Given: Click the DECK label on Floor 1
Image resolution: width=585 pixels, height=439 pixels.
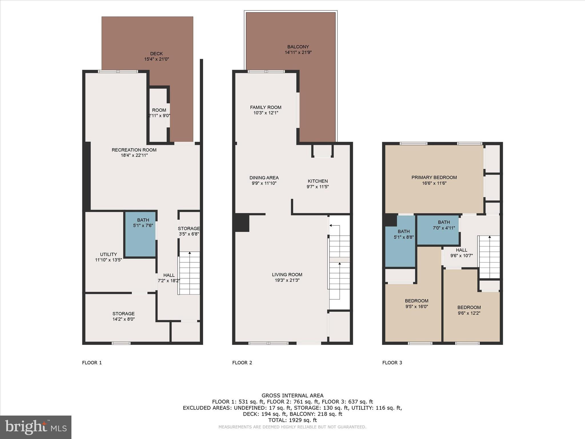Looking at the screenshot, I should tap(156, 53).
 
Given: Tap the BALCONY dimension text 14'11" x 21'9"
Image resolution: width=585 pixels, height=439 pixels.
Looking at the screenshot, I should tap(298, 52).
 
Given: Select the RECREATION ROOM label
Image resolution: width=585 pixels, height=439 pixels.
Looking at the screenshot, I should tap(134, 150).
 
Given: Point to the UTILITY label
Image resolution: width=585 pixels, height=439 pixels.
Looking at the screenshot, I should tap(108, 254).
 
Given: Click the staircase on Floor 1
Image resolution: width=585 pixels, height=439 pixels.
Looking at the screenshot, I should tap(189, 273).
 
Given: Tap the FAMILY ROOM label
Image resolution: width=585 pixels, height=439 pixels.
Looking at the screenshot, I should tap(266, 107).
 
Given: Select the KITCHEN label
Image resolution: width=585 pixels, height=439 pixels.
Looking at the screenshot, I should tap(318, 181).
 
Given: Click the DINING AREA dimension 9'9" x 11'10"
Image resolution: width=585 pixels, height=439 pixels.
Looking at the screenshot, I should tap(264, 183).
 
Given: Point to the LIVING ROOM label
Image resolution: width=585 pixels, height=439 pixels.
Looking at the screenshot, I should tap(287, 275).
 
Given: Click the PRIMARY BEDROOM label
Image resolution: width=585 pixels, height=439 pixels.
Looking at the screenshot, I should tap(434, 177).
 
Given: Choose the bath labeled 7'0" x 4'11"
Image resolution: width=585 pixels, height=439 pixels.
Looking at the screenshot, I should tap(444, 228).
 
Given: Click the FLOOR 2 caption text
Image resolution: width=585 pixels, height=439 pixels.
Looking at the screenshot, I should tap(242, 363).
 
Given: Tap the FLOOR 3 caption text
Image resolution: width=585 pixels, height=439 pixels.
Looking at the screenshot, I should tap(392, 363).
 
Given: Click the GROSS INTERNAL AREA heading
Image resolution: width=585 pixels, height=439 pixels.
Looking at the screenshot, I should tap(292, 396).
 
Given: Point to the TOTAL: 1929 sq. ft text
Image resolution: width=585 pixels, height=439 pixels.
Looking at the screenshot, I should tap(292, 420).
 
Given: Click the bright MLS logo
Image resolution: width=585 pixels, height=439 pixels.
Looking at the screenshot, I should tap(36, 427).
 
